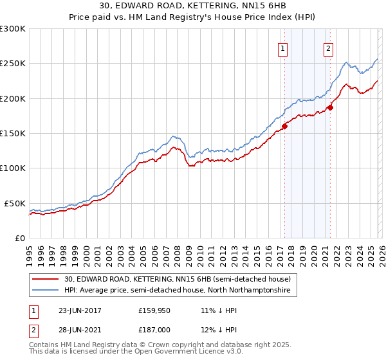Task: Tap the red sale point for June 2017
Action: (x=284, y=126)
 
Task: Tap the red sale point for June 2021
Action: (x=330, y=107)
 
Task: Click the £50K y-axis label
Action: (x=14, y=203)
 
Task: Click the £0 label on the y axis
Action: (x=21, y=238)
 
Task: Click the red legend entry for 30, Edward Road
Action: (x=178, y=280)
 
